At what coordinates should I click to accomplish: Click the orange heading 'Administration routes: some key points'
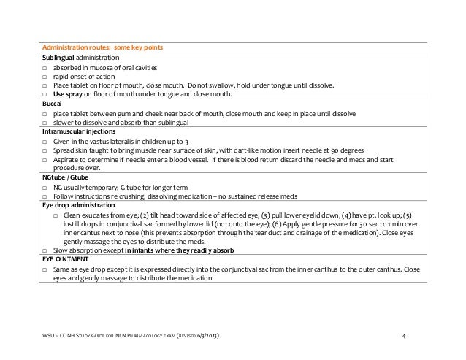pos(102,48)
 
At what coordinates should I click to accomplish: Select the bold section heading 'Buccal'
pos(52,104)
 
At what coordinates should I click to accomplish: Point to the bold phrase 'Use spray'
pos(69,94)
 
